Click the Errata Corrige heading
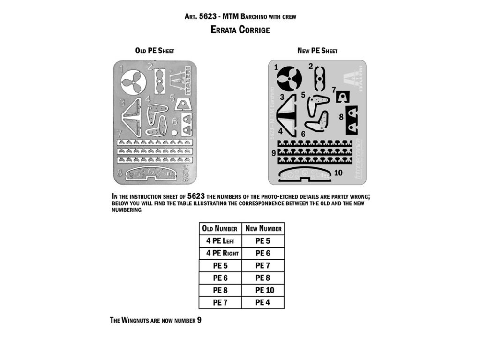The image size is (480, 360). click(x=240, y=30)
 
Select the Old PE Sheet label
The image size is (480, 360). click(x=154, y=51)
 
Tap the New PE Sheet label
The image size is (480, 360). click(x=317, y=51)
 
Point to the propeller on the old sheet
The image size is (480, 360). click(x=134, y=83)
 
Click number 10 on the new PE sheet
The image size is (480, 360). click(x=338, y=172)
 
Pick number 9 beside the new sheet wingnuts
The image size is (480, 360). click(x=273, y=153)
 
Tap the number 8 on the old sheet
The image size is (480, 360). click(x=120, y=172)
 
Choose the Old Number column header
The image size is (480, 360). click(x=220, y=229)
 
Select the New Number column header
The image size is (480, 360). click(x=263, y=229)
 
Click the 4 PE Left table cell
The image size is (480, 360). click(x=220, y=241)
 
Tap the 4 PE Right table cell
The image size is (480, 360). click(x=220, y=253)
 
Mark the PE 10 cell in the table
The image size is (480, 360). click(x=263, y=290)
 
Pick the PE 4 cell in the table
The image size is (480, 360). click(x=263, y=302)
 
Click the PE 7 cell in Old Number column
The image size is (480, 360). click(x=220, y=302)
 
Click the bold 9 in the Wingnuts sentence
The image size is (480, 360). click(x=199, y=320)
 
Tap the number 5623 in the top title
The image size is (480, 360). click(x=208, y=16)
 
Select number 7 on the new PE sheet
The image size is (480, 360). click(x=334, y=90)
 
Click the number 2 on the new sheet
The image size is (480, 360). click(x=311, y=66)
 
